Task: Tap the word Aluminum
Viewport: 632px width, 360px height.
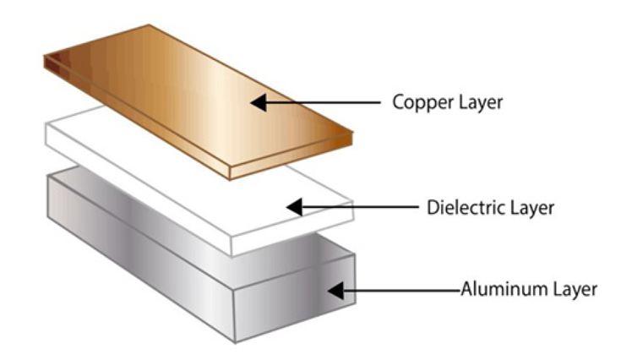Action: click(x=496, y=290)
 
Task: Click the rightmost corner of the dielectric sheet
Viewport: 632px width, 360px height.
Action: click(x=351, y=204)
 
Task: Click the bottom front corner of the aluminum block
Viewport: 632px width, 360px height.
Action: click(x=235, y=340)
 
